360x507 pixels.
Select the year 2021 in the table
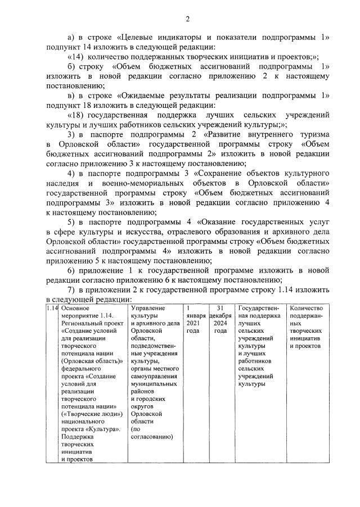193,323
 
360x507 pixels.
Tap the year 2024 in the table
220,323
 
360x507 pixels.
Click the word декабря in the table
220,315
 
